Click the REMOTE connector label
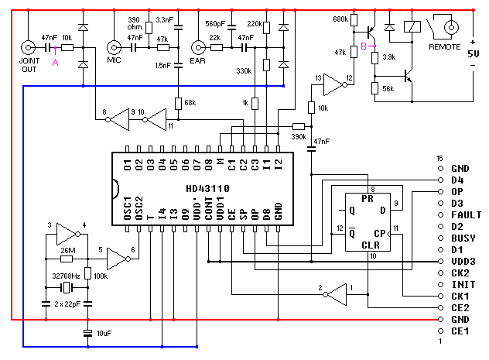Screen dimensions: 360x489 (x=445, y=47)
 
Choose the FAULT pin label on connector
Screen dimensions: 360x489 (x=463, y=214)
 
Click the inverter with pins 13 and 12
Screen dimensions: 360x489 (x=333, y=80)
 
